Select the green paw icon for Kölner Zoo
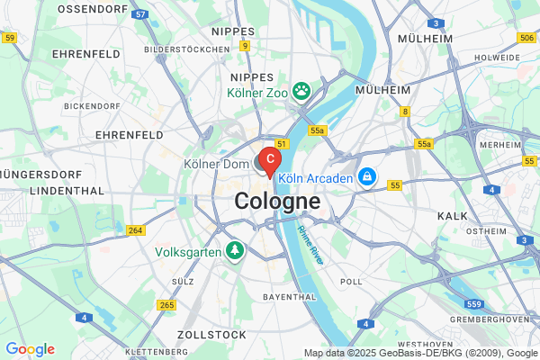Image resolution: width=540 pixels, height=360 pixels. pyautogui.click(x=301, y=90)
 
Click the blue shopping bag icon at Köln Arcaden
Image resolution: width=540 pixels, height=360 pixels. pyautogui.click(x=366, y=177)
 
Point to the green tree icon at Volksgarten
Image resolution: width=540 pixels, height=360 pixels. pyautogui.click(x=235, y=248)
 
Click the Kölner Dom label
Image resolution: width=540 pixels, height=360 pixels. pyautogui.click(x=215, y=165)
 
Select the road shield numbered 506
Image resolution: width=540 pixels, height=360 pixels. pyautogui.click(x=527, y=39)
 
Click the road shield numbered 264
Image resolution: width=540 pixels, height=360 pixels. pyautogui.click(x=136, y=231)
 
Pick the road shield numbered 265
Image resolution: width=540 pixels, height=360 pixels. pyautogui.click(x=166, y=305)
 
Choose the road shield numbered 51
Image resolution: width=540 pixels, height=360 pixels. pyautogui.click(x=282, y=143)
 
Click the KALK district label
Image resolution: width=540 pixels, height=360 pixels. pyautogui.click(x=452, y=216)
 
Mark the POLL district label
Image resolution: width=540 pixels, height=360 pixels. pyautogui.click(x=352, y=281)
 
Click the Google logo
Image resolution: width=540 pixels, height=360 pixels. pyautogui.click(x=30, y=349)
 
